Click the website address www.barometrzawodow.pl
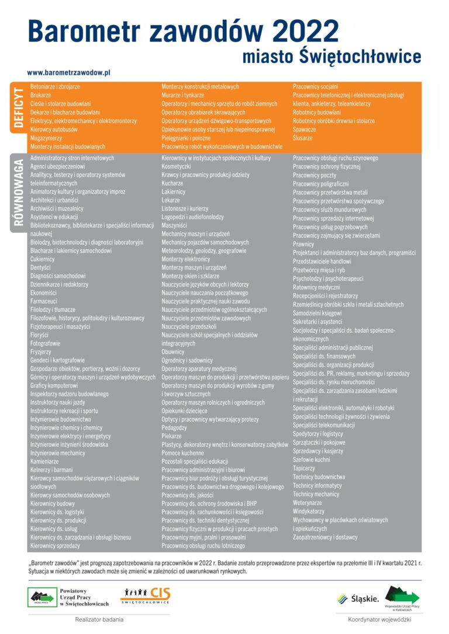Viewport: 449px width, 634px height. (x=69, y=73)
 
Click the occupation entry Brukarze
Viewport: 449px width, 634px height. (x=41, y=95)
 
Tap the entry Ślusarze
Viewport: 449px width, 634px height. (x=303, y=138)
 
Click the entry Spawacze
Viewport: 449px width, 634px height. (x=305, y=130)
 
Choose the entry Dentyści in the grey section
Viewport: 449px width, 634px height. (x=41, y=267)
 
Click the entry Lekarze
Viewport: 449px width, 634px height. (x=171, y=200)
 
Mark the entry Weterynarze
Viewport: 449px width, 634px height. (x=308, y=503)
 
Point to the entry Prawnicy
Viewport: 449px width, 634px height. (x=303, y=245)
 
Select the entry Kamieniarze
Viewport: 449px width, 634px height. (x=44, y=461)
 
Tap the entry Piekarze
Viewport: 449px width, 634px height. (x=172, y=436)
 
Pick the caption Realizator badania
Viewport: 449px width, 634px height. (x=99, y=620)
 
